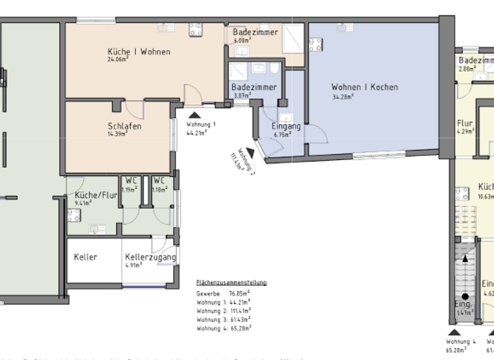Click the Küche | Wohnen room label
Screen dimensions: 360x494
click(x=138, y=51)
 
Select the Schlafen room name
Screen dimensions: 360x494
click(x=125, y=126)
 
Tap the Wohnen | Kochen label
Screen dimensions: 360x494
click(x=364, y=87)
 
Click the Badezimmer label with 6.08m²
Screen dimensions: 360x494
click(x=255, y=32)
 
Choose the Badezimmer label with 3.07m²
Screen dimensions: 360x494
click(x=254, y=87)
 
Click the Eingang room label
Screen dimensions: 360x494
click(x=286, y=127)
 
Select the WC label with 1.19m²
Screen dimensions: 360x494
click(x=131, y=181)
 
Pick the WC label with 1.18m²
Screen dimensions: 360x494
click(x=159, y=181)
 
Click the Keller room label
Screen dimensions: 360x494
click(x=86, y=257)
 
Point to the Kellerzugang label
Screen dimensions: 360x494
click(x=150, y=257)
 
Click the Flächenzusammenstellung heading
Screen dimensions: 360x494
click(x=232, y=283)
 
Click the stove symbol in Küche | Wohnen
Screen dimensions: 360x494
click(x=196, y=30)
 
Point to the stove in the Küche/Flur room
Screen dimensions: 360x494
click(x=73, y=214)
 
